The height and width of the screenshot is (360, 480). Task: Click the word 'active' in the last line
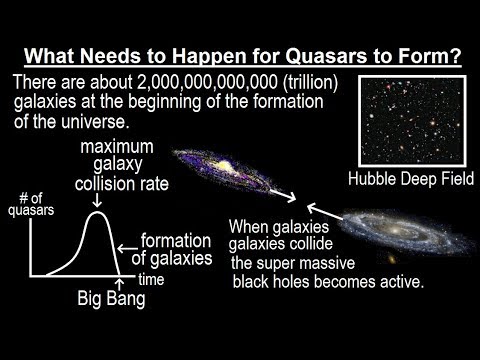[400, 282]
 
